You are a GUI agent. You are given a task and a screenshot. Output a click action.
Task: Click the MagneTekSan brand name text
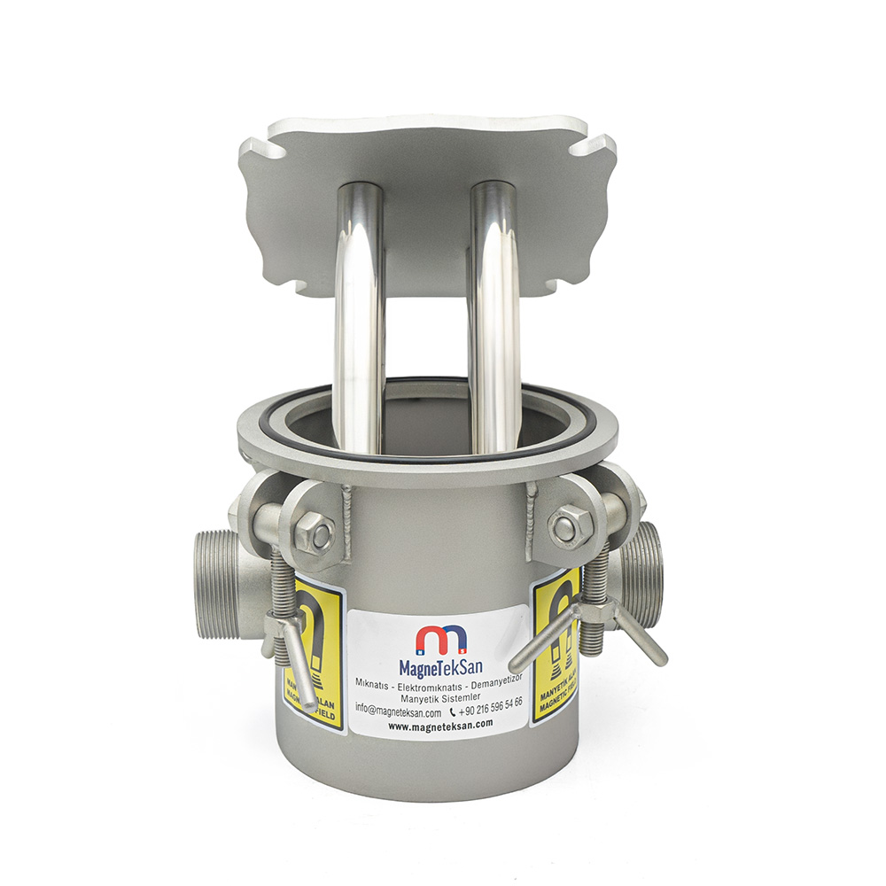(x=440, y=664)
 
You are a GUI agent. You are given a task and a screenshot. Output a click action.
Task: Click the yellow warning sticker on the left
(x=319, y=656)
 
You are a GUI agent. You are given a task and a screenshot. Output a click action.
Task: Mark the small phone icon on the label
(x=453, y=711)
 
